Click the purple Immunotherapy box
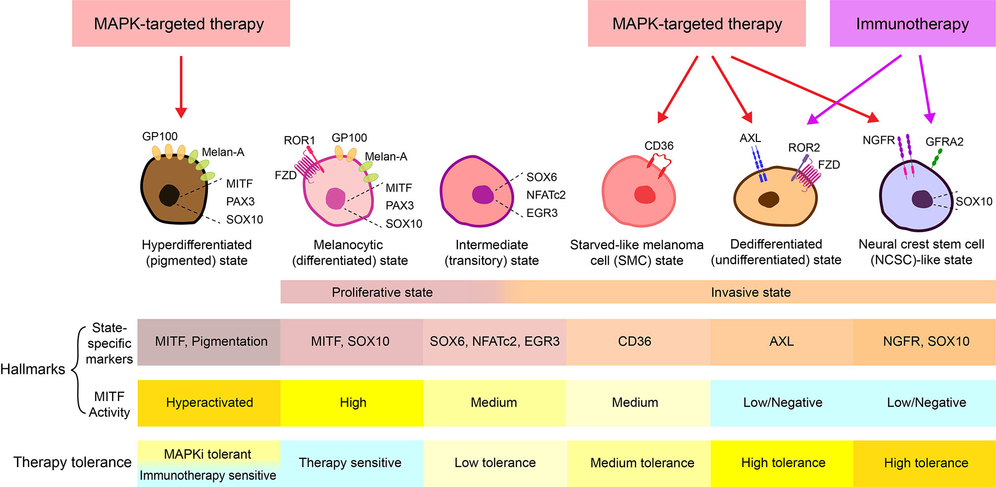912,24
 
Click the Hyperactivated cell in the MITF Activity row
209,403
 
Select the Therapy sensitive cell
350,463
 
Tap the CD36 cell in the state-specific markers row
634,342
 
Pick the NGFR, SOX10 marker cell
926,342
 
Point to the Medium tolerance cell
642,463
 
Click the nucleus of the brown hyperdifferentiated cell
169,195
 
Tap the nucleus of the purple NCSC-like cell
922,199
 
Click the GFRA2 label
944,142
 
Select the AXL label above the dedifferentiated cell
750,139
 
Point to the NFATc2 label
546,195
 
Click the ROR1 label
299,140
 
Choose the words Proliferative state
382,292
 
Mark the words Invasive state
750,292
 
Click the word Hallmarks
33,369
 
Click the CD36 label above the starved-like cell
659,146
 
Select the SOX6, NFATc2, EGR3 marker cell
495,342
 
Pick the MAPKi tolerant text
207,454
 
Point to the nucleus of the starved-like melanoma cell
645,195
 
